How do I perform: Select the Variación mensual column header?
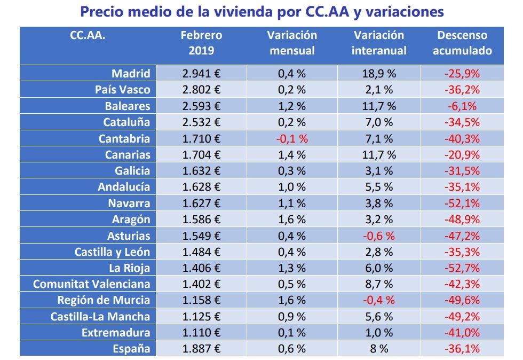(292, 43)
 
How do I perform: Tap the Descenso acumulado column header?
(462, 43)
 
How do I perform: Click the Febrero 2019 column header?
(201, 43)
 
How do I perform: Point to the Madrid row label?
(131, 74)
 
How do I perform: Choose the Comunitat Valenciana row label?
(91, 284)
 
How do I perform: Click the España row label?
(131, 349)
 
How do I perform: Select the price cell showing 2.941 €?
(201, 74)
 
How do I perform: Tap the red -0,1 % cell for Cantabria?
(292, 138)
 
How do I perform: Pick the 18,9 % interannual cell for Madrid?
(379, 74)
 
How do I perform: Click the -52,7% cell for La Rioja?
(462, 268)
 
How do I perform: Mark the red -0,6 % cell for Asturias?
(379, 236)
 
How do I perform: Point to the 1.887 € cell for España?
(201, 349)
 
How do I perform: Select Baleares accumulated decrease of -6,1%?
(462, 106)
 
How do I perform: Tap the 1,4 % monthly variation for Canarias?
(292, 155)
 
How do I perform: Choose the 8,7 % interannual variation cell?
(379, 284)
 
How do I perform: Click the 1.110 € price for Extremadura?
(201, 333)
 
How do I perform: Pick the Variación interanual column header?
(379, 43)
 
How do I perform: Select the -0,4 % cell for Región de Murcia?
(379, 300)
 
